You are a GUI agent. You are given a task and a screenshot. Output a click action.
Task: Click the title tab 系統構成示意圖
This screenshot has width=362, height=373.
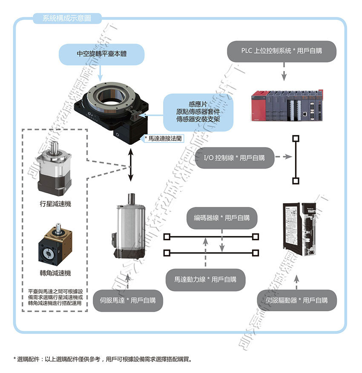click(66, 18)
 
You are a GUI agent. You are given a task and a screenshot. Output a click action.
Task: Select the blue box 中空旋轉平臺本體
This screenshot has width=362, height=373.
click(101, 54)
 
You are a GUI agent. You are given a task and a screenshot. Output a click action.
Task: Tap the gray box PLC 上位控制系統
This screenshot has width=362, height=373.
click(282, 51)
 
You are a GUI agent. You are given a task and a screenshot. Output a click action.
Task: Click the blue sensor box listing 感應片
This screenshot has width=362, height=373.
click(198, 112)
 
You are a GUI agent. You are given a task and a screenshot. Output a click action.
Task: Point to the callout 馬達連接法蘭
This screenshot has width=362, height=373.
click(164, 138)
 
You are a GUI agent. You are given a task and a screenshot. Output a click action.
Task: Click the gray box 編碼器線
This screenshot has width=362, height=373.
click(221, 218)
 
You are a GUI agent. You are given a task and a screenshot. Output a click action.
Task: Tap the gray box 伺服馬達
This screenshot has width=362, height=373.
click(128, 300)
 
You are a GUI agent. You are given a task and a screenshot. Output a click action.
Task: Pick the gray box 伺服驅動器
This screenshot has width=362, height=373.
click(297, 300)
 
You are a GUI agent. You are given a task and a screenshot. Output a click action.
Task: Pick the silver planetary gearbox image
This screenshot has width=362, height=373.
click(54, 168)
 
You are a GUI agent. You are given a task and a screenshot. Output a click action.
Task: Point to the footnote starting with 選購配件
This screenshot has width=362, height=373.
click(102, 359)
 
